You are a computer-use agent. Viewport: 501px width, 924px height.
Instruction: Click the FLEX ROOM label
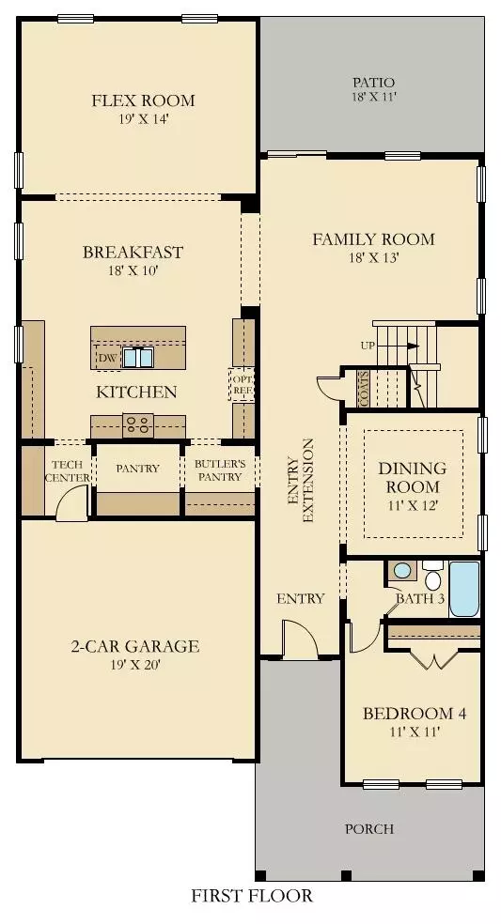coord(143,100)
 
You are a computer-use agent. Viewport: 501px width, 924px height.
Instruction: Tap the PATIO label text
coord(373,83)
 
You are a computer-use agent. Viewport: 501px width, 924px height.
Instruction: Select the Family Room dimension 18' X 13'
coord(373,258)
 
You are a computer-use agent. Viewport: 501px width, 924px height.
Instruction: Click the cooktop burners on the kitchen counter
coord(138,423)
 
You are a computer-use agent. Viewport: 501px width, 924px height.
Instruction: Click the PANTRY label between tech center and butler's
coord(137,469)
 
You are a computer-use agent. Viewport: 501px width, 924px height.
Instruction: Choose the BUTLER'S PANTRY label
coord(220,470)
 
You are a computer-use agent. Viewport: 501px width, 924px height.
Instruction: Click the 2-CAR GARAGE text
coord(136,646)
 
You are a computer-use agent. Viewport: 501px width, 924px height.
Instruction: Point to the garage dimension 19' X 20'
coord(136,665)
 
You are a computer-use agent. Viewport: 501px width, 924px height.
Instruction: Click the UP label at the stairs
coord(368,346)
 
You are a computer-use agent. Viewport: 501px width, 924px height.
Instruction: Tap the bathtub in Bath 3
coord(464,588)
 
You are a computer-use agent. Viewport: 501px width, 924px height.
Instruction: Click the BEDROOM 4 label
coord(415,714)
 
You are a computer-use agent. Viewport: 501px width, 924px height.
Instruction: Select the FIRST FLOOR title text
coord(252,896)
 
